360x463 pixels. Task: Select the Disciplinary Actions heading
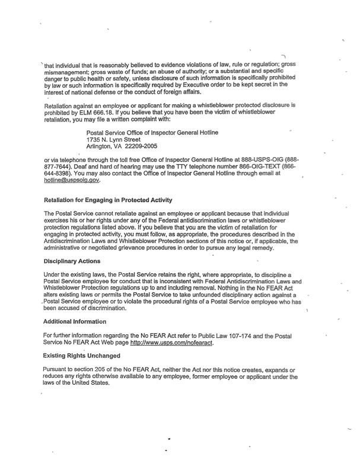point(72,261)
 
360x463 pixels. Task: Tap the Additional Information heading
point(75,321)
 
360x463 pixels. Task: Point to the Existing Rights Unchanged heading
point(81,356)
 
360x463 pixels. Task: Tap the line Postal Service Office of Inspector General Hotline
point(151,131)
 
